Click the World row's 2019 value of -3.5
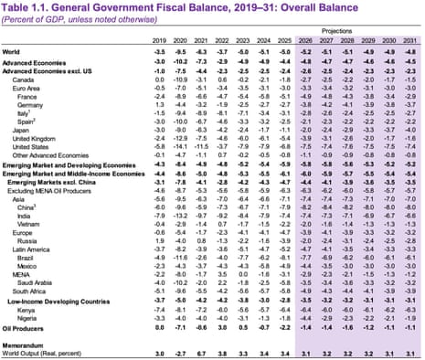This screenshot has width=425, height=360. coord(158,54)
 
